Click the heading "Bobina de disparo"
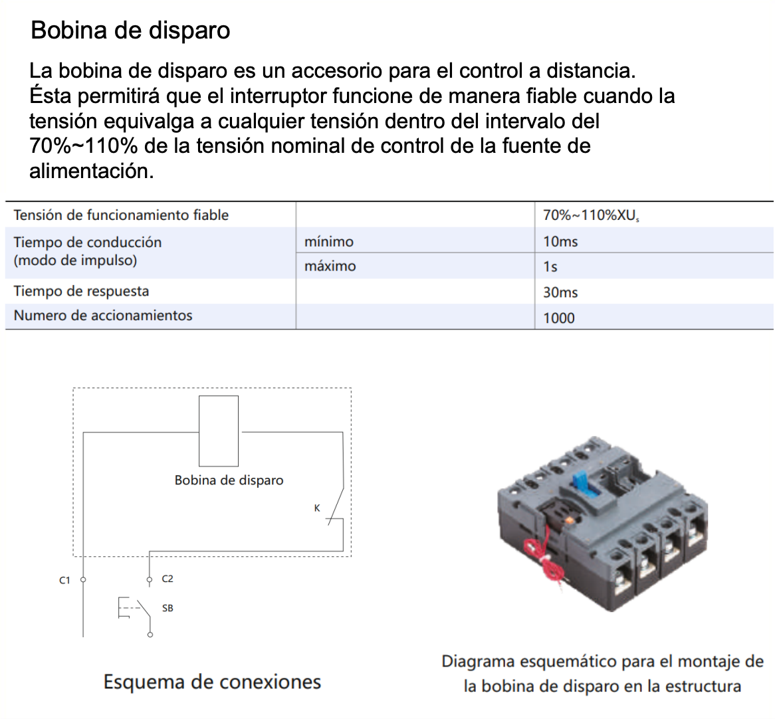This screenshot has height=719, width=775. point(130,31)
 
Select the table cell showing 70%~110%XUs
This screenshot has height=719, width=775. point(590,215)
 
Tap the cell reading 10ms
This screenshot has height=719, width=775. point(560,241)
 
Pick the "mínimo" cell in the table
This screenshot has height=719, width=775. point(329,241)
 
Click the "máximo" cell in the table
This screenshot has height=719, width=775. point(330,266)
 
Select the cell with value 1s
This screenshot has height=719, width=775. point(550,266)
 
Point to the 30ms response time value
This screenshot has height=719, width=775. point(560,292)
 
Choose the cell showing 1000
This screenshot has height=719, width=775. point(559,318)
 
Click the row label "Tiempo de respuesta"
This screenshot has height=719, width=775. point(81,291)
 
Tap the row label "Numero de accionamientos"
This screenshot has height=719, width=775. point(103,316)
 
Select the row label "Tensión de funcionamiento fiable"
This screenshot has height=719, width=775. point(121,215)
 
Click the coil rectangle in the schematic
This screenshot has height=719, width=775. point(219,431)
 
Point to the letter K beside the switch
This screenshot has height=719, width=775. point(317,508)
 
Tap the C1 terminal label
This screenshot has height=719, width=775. point(64,580)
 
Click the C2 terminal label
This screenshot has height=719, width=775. point(167,579)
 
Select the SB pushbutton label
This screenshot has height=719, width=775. point(167,608)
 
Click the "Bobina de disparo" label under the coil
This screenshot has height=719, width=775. point(229,480)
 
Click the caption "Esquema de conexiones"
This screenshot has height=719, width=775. point(212,682)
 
